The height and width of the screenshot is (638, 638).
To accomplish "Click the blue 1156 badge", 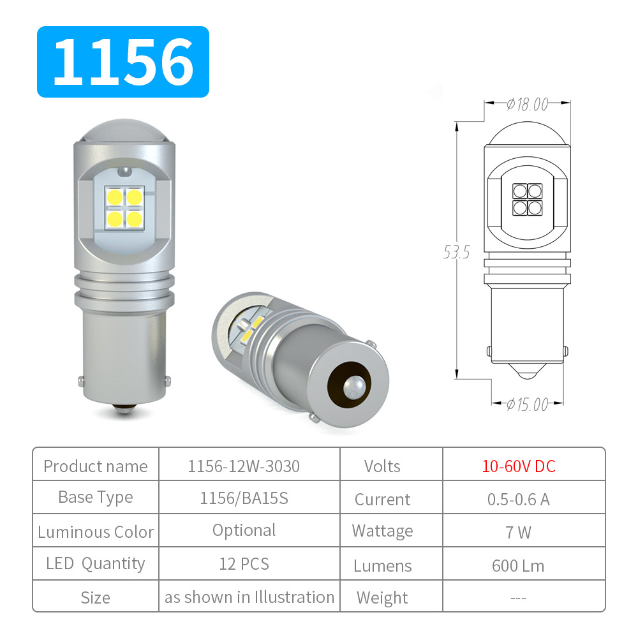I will click(x=123, y=62).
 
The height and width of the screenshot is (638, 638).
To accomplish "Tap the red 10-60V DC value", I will click(x=518, y=466).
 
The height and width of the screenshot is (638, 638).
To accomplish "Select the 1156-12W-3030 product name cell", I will click(x=244, y=466).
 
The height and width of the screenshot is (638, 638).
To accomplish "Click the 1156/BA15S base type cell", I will click(x=244, y=498).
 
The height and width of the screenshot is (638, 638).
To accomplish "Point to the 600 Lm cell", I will click(x=518, y=565).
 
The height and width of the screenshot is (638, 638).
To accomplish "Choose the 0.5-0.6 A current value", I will click(x=518, y=499).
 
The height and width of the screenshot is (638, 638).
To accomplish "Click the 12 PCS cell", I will click(x=244, y=564).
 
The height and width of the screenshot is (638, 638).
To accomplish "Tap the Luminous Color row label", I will click(x=96, y=532).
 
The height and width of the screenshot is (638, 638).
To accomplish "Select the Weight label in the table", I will click(x=382, y=598).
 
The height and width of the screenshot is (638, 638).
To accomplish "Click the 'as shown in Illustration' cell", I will click(x=249, y=597).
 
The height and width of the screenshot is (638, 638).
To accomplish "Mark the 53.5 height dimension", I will click(x=456, y=253).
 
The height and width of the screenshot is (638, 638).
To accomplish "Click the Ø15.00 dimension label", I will click(x=527, y=404).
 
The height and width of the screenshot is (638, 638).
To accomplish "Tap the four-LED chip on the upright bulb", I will click(x=124, y=208).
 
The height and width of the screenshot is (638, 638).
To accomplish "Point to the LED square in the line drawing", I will click(x=527, y=199).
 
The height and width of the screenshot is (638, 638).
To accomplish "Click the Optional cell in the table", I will click(x=244, y=530).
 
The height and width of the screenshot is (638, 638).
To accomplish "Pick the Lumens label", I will click(x=383, y=566).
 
